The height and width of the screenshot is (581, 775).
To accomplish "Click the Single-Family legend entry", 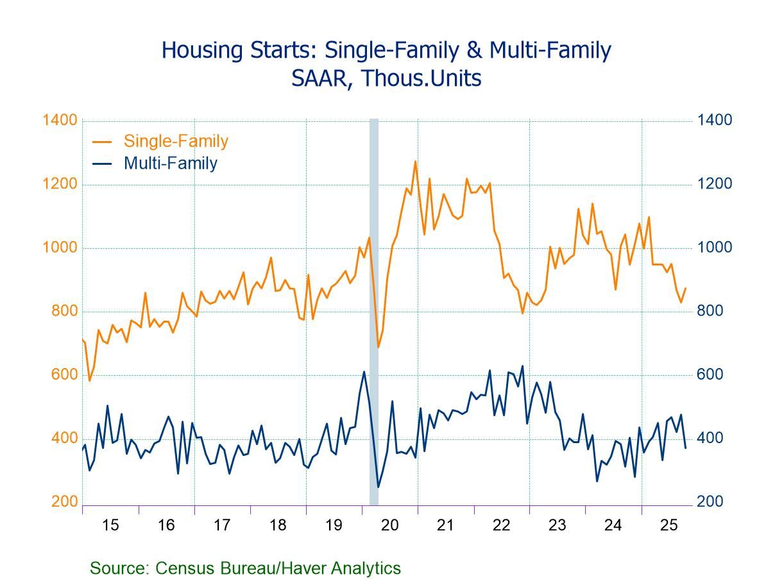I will (x=176, y=141).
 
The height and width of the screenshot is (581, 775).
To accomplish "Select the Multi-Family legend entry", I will (x=170, y=163).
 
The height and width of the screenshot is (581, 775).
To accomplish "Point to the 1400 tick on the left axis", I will (x=60, y=121).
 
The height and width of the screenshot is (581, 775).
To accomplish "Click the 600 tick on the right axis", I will (x=714, y=375).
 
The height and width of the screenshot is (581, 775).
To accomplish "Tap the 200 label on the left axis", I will (x=64, y=502).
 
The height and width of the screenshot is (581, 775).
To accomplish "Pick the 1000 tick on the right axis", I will (x=714, y=248).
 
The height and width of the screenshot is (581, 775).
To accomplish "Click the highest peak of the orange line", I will (x=415, y=161).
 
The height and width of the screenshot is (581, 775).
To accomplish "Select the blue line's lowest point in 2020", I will (x=378, y=487).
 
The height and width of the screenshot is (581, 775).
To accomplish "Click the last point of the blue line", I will (x=686, y=448).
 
